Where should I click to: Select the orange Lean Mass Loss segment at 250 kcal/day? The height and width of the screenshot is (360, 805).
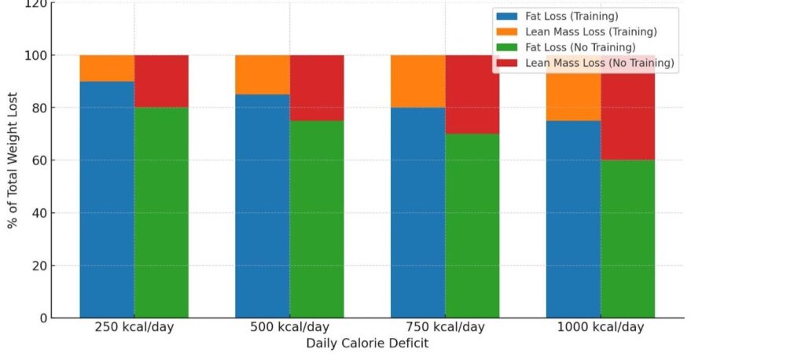tap(107, 68)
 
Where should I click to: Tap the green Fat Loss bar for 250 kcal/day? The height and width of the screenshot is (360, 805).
tap(161, 212)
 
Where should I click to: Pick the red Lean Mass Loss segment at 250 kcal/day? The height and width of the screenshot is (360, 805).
tap(161, 82)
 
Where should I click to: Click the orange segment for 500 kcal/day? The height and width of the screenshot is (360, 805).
tap(262, 75)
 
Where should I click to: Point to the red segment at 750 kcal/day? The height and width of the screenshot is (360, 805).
tap(472, 94)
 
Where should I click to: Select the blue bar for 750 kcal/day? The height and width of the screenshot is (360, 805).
tap(417, 212)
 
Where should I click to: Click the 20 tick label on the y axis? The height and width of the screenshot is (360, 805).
tap(37, 266)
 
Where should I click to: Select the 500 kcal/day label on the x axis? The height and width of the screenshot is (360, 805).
tap(289, 327)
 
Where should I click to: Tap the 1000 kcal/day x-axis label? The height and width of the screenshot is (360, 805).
tap(601, 327)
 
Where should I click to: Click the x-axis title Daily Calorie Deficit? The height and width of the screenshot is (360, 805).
tap(367, 343)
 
